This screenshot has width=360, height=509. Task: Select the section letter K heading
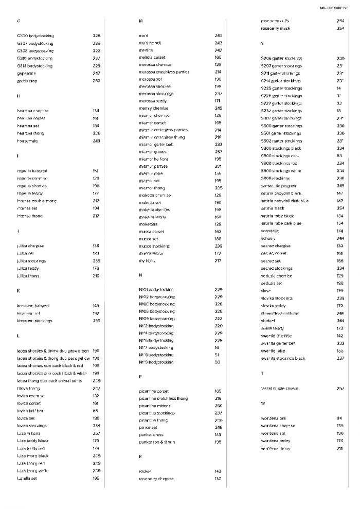(x=19, y=291)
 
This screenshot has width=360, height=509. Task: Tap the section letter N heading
(x=140, y=275)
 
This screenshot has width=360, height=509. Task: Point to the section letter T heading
(x=262, y=373)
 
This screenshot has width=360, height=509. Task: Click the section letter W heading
(x=263, y=403)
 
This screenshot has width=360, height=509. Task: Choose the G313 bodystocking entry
(x=34, y=66)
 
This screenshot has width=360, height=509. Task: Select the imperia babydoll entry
(x=32, y=170)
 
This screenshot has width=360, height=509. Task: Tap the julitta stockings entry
(x=31, y=261)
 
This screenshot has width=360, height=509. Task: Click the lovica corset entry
(x=28, y=403)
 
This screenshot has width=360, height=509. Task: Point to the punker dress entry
(x=151, y=434)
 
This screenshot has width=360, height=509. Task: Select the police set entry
(x=148, y=427)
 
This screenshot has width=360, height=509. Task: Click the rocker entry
(x=145, y=471)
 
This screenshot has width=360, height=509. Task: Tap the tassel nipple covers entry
(x=279, y=389)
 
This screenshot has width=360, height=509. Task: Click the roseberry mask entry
(x=276, y=28)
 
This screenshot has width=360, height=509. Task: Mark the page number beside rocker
(x=218, y=471)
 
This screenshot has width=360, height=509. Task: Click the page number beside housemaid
(x=96, y=141)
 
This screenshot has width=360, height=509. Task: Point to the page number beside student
(x=340, y=321)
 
